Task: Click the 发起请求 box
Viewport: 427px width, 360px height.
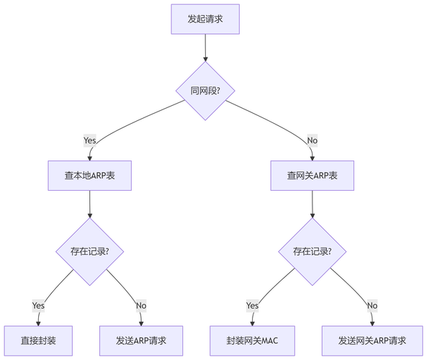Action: coord(204,19)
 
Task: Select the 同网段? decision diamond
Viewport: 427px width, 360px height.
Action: coord(204,91)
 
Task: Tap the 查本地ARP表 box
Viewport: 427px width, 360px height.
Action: coord(89,175)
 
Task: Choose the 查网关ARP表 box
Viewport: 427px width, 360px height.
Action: coord(312,175)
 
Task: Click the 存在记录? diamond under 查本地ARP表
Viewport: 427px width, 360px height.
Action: coord(89,251)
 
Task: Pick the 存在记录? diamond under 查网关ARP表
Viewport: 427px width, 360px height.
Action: coord(312,251)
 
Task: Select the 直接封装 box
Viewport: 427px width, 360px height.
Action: coord(39,341)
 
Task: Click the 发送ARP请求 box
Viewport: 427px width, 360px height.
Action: coord(140,341)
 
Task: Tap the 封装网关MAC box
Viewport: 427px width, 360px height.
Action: coord(252,341)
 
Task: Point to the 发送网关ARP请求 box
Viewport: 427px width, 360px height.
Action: coord(372,341)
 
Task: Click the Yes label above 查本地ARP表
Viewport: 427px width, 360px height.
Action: coord(89,139)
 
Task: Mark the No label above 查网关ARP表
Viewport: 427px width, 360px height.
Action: coord(312,139)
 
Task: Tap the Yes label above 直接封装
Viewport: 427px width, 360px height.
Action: coord(39,306)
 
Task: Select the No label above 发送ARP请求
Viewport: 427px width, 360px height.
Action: coord(141,306)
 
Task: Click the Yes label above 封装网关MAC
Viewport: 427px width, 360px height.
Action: coord(252,306)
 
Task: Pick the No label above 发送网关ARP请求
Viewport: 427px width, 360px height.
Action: coord(372,306)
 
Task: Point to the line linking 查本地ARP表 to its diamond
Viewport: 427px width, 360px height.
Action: coord(89,204)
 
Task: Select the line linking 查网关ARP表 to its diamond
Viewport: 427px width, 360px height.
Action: coord(312,204)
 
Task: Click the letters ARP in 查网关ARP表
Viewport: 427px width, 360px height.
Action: coord(314,175)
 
